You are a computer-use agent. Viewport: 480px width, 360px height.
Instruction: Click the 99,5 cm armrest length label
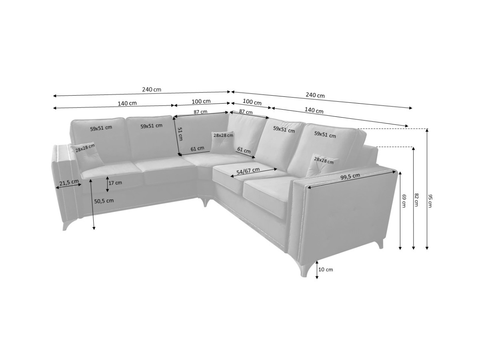point(350,176)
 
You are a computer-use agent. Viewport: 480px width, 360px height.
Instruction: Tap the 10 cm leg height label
point(326,269)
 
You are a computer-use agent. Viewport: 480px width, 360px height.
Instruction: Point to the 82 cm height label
point(417,199)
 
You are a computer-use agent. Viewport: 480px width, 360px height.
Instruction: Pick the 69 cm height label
point(404,200)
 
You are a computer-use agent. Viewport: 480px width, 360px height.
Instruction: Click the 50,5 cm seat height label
point(104,201)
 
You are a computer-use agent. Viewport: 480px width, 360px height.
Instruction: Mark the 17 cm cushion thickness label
point(115,183)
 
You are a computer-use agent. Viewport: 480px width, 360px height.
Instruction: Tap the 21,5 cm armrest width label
point(69,183)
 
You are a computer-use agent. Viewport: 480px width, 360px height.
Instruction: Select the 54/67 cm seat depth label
point(248,171)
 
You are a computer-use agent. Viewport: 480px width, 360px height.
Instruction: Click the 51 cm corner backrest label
point(180,134)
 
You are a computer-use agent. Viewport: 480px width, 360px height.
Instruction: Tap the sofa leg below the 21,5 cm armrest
point(66,224)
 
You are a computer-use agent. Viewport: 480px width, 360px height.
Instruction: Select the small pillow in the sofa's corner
point(223,142)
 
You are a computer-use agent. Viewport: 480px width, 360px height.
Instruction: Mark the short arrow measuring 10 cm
point(317,270)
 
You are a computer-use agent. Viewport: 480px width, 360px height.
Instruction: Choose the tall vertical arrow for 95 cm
point(427,188)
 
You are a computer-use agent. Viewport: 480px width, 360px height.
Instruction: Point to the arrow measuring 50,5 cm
point(93,204)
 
